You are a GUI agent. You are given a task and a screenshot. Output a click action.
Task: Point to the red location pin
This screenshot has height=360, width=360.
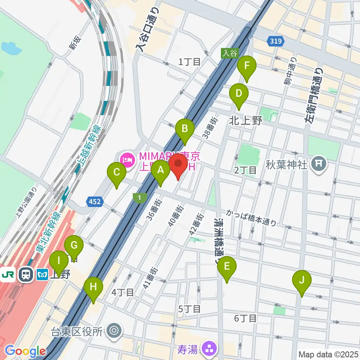[x=178, y=165]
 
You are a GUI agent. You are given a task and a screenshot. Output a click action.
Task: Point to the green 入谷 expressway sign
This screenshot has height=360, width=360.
[x=229, y=53]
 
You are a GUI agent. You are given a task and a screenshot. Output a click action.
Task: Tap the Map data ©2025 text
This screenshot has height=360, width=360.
[x=328, y=354]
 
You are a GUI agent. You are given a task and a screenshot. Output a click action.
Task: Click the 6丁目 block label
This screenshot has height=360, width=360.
[x=245, y=319]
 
